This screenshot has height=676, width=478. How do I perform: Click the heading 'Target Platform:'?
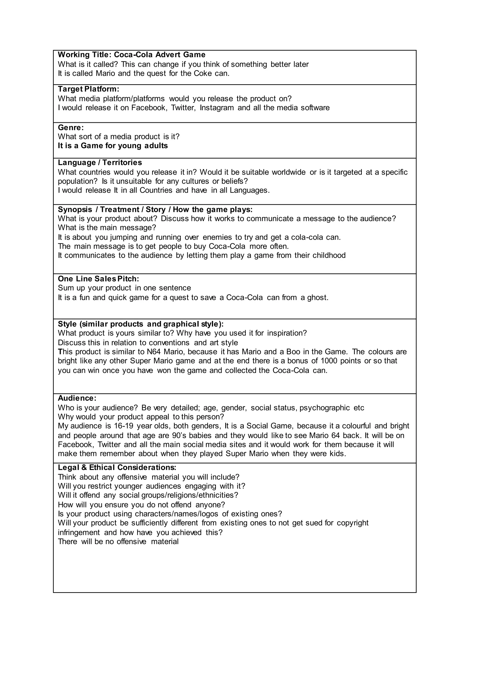pyautogui.click(x=88, y=89)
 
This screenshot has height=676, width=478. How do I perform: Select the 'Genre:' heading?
pyautogui.click(x=71, y=127)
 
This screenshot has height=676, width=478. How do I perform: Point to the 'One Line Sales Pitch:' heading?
pyautogui.click(x=98, y=278)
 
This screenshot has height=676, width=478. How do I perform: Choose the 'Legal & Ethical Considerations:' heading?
pyautogui.click(x=117, y=468)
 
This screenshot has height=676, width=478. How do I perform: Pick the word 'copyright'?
pyautogui.click(x=352, y=523)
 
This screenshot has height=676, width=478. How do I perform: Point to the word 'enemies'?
pyautogui.click(x=217, y=237)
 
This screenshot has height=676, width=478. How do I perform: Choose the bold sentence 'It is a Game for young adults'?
pyautogui.click(x=113, y=146)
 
